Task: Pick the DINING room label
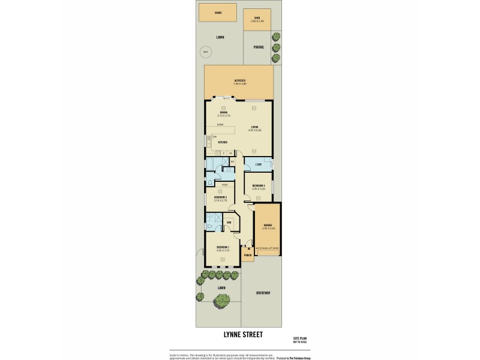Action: pos(223,112)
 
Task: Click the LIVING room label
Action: pos(256,127)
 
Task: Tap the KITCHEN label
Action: pos(223,142)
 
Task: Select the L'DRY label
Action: pos(258,165)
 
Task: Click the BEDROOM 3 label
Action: pos(259,185)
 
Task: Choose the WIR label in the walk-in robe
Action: pos(229,223)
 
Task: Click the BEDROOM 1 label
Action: pos(223,248)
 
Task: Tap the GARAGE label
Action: pos(267,226)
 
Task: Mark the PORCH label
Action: pos(247,254)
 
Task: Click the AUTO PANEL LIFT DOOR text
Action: pos(267,247)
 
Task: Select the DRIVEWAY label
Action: pos(263,293)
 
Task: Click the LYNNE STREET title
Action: pos(239,335)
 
